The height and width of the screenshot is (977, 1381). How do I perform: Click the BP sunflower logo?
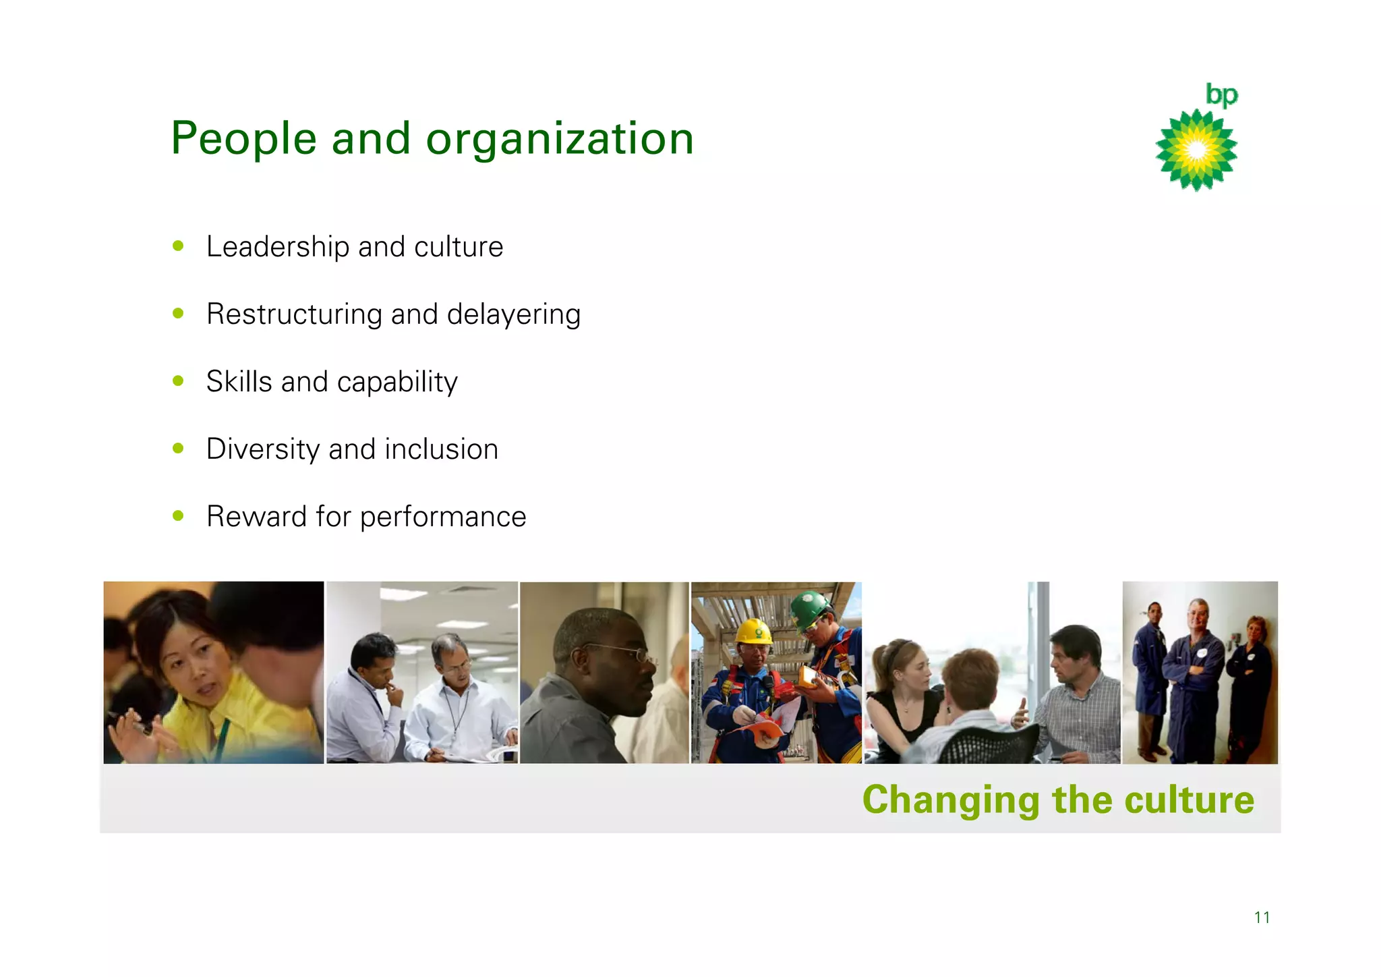1196,150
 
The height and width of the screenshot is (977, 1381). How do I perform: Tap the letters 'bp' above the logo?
1221,95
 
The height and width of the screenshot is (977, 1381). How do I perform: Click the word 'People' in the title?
243,138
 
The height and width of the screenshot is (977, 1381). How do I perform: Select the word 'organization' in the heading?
560,140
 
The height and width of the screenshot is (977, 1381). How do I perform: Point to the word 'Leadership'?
278,247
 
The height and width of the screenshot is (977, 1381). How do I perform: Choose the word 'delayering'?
513,314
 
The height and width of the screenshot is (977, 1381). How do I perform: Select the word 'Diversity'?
263,449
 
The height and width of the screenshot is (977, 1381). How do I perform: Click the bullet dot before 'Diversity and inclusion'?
178,448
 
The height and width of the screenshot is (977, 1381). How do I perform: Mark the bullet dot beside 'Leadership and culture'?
178,246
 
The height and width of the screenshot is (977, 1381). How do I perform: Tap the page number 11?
1262,917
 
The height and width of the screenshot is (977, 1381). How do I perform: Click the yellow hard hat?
754,632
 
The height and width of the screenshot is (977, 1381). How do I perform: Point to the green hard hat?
810,607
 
